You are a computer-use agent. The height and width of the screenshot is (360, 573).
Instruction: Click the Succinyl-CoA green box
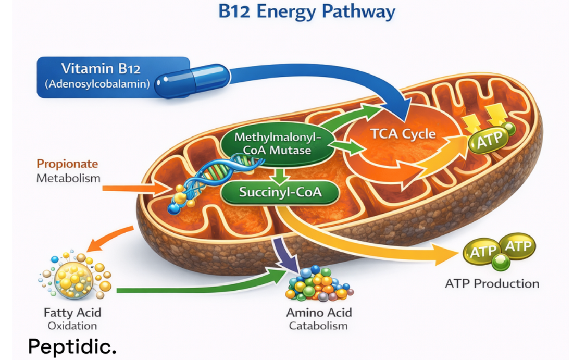[280, 192]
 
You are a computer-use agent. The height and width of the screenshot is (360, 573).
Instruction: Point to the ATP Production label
[492, 283]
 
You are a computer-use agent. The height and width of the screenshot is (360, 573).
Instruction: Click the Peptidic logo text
[72, 346]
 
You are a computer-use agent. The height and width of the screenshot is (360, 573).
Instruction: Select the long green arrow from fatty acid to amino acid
[198, 287]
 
